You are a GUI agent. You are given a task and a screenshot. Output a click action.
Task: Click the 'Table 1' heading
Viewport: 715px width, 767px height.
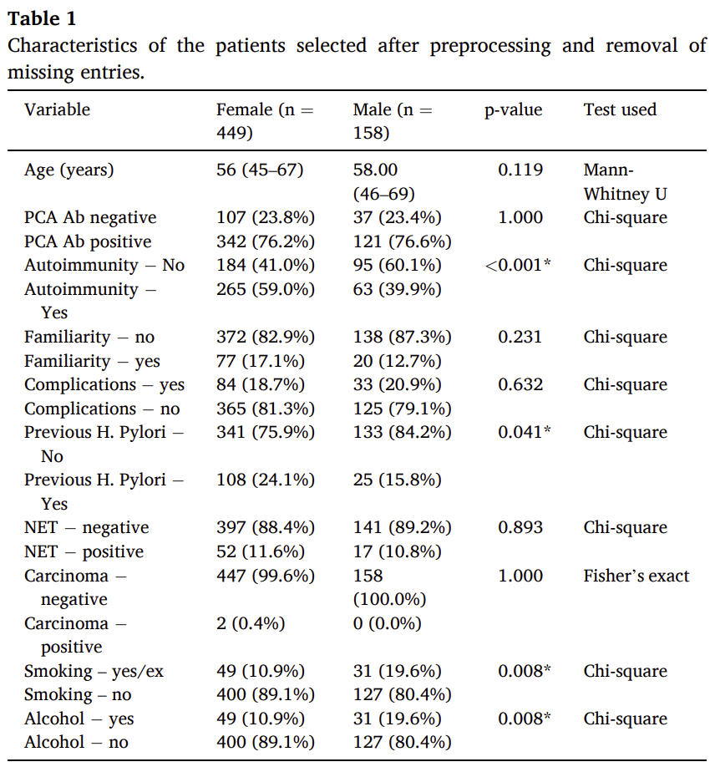tap(42, 18)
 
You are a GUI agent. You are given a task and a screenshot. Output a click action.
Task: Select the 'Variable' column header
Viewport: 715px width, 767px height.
tap(58, 109)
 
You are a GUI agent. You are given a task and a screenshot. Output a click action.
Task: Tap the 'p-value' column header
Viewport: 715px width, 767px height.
tap(514, 110)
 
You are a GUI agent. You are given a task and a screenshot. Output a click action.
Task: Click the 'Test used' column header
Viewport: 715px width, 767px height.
tap(620, 109)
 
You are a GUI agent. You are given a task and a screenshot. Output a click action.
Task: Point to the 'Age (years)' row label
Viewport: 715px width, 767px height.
tap(69, 170)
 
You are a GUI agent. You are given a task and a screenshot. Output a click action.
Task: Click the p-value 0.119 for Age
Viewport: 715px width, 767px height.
tap(520, 170)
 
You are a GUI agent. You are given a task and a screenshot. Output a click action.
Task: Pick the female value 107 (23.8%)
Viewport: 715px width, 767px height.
tap(266, 217)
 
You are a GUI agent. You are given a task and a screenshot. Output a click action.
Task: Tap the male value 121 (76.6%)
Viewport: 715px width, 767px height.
tap(402, 241)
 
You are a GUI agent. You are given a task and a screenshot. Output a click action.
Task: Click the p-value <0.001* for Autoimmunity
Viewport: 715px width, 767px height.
tap(518, 265)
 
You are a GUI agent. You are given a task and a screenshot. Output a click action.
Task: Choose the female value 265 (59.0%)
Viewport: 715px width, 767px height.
tap(266, 289)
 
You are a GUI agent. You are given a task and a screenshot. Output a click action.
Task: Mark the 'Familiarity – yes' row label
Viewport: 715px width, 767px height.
tap(93, 361)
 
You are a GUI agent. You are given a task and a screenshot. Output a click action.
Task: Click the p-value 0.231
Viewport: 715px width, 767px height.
tap(520, 337)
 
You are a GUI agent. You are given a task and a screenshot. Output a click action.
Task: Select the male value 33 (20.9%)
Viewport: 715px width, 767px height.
tap(397, 384)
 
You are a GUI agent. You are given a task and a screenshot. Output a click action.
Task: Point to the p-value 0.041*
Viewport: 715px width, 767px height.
tap(525, 432)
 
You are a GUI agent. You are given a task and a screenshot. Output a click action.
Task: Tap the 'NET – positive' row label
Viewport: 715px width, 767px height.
tap(84, 551)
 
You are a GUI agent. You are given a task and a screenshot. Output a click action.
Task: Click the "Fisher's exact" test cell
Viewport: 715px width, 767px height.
tap(636, 576)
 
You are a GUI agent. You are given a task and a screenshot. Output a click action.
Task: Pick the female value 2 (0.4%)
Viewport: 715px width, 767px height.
tap(251, 623)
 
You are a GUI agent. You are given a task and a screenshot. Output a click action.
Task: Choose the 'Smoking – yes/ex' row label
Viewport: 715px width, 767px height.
tap(94, 671)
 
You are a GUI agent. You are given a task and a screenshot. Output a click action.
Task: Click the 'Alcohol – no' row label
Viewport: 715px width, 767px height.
tap(76, 742)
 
